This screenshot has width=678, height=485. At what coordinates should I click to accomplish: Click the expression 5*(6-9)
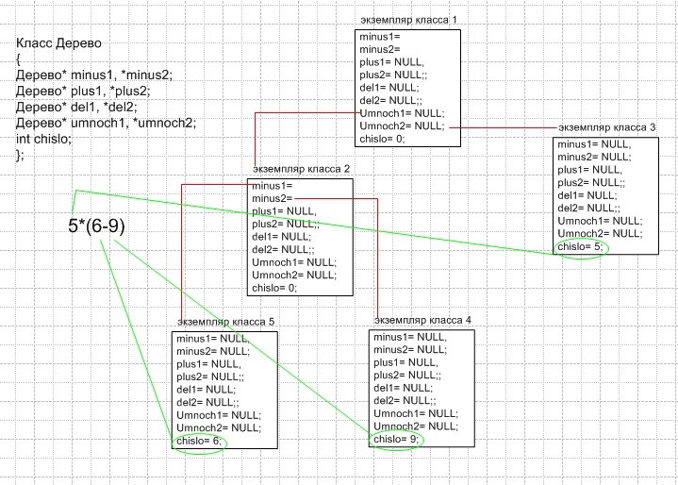pos(96,226)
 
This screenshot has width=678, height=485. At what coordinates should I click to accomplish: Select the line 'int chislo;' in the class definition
pos(43,139)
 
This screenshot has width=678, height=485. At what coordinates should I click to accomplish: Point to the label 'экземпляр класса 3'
pos(606,126)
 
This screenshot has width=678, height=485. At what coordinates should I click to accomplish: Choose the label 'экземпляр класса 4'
pos(422,320)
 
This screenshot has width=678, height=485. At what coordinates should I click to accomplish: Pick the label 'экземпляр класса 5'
pos(226,322)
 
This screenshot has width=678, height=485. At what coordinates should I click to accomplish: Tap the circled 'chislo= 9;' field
pos(396,441)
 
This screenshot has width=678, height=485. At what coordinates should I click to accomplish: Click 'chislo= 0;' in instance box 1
pos(381,139)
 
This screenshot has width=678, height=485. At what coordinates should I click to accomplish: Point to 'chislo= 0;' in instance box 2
pos(274,288)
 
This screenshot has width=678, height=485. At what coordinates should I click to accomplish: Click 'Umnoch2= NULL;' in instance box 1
pos(401,125)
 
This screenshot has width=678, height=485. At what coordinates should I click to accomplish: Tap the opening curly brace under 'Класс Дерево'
pos(19,59)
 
